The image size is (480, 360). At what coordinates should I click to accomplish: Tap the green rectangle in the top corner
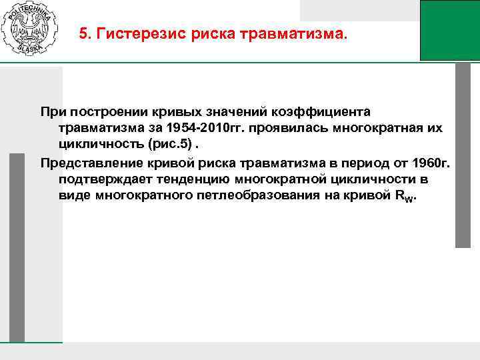coord(450,30)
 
